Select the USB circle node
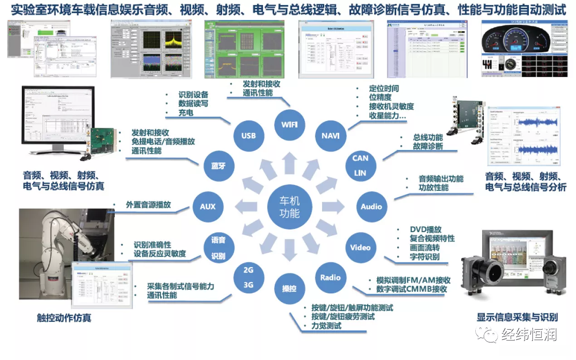click(248, 135)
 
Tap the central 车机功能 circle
click(289, 207)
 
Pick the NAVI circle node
click(330, 136)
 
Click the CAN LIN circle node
click(360, 165)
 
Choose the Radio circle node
click(330, 277)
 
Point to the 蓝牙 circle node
click(218, 165)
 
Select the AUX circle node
click(207, 207)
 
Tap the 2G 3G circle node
click(248, 277)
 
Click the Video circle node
click(360, 248)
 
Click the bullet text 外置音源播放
click(148, 204)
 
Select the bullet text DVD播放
click(425, 229)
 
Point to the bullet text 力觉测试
click(326, 326)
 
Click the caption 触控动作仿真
click(64, 318)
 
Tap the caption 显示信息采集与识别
click(517, 317)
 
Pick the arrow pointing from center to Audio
click(334, 207)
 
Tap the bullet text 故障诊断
click(428, 146)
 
